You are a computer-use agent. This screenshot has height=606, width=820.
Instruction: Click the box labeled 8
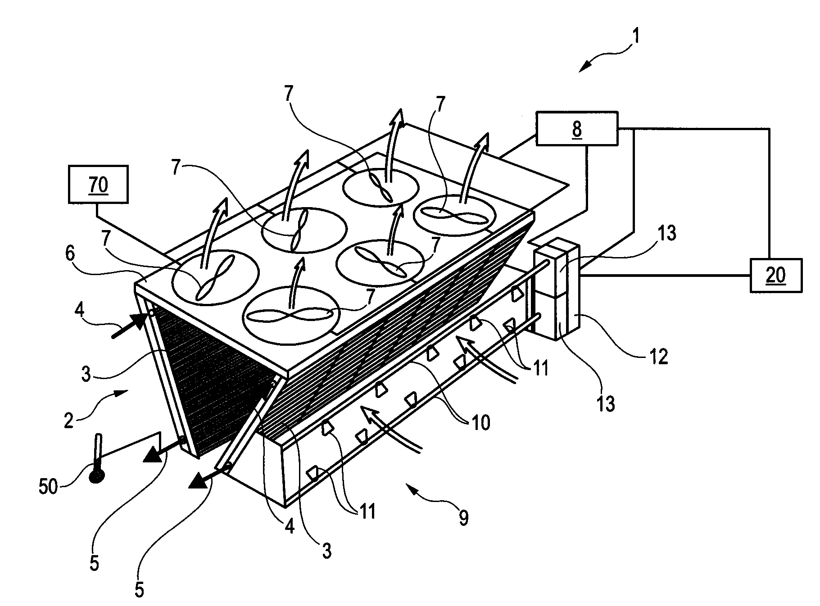(x=577, y=129)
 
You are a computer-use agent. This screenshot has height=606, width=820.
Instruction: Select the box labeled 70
(x=98, y=184)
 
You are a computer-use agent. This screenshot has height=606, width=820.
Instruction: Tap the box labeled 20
(x=775, y=275)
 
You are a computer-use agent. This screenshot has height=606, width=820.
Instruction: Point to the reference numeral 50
(x=49, y=486)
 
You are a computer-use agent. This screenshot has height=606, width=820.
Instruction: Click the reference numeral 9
(x=463, y=518)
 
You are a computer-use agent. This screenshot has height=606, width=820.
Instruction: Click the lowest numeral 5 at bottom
(x=139, y=590)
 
